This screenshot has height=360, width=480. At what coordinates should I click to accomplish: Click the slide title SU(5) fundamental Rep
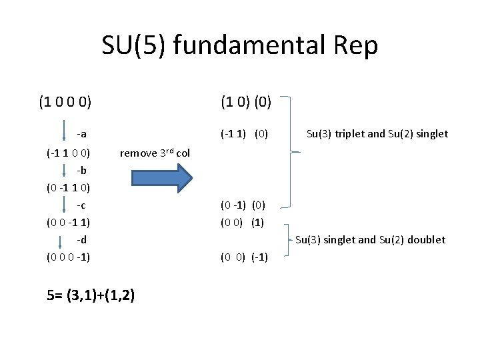tap(240, 46)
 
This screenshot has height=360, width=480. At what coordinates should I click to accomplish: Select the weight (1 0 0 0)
tap(65, 103)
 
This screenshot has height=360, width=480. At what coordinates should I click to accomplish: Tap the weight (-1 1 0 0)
tap(69, 153)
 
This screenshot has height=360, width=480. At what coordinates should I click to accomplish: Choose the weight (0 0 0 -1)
tap(69, 257)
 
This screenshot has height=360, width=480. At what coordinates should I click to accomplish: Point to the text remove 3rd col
tap(155, 153)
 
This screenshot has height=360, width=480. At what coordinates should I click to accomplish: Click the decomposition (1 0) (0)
tap(246, 103)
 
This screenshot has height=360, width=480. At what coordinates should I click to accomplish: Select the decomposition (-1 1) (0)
tap(244, 134)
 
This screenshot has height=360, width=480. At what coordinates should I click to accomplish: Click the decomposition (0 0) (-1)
tap(244, 257)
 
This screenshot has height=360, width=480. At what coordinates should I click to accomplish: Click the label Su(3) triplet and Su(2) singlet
tap(377, 134)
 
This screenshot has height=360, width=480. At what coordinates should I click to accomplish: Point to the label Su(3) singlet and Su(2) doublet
tap(370, 239)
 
